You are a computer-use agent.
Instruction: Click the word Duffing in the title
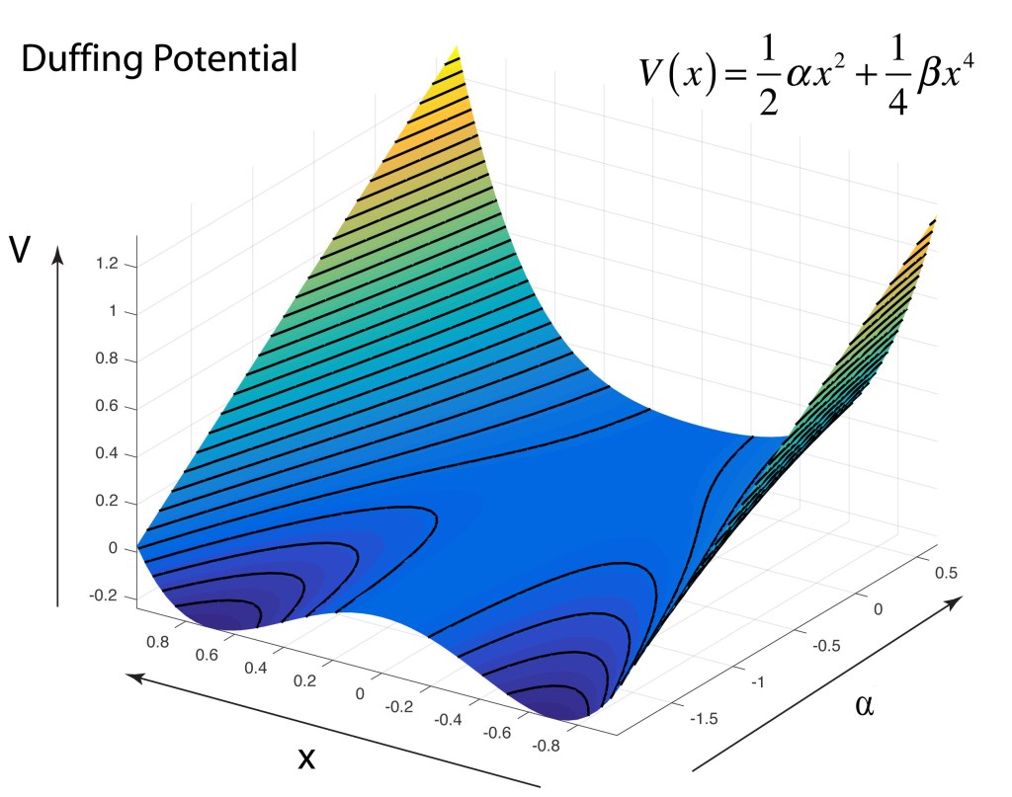coord(81,60)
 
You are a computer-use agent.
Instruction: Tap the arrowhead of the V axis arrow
coord(58,254)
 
